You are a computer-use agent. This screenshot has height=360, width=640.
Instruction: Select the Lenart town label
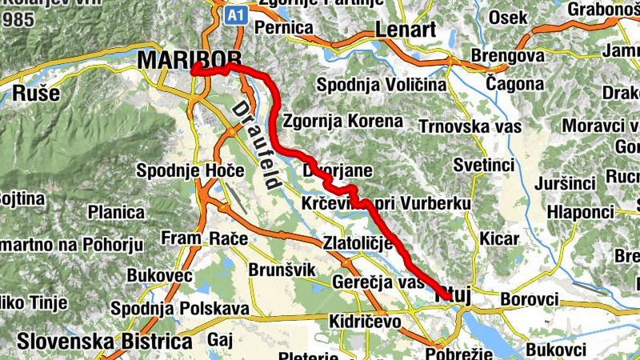click(x=405, y=30)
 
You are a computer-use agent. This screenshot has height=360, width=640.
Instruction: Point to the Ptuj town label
click(x=452, y=296)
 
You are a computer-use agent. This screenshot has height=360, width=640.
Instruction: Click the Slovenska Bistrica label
click(x=104, y=341)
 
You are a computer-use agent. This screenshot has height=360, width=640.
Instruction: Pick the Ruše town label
click(x=36, y=93)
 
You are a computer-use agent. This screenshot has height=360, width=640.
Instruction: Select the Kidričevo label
click(x=364, y=321)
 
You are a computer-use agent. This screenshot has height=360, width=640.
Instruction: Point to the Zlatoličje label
click(x=357, y=242)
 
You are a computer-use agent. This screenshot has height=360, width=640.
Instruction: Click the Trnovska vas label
click(x=470, y=126)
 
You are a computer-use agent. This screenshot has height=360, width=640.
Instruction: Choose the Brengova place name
click(x=508, y=57)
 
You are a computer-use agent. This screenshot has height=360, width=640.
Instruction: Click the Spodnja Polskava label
click(x=180, y=309)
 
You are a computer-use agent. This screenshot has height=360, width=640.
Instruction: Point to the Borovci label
click(x=529, y=299)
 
